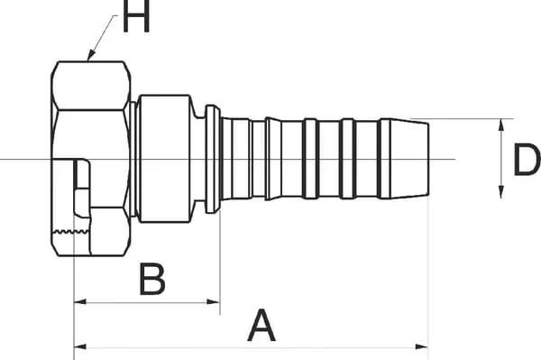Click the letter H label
point(136,16)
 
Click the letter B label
point(152,279)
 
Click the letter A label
point(261,325)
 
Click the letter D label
point(527,160)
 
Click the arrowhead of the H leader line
point(91,55)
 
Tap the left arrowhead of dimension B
point(80,302)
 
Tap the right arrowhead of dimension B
point(214,302)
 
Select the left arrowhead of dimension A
point(80,346)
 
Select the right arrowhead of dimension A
point(422,346)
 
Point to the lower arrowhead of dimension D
point(501,192)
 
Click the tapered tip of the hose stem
point(410,159)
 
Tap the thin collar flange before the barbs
point(213,159)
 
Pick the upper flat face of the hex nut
point(91,86)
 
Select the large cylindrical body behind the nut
point(165,159)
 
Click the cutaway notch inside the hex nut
point(82,188)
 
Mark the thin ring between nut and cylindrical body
point(133,159)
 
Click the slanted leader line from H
point(103,35)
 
